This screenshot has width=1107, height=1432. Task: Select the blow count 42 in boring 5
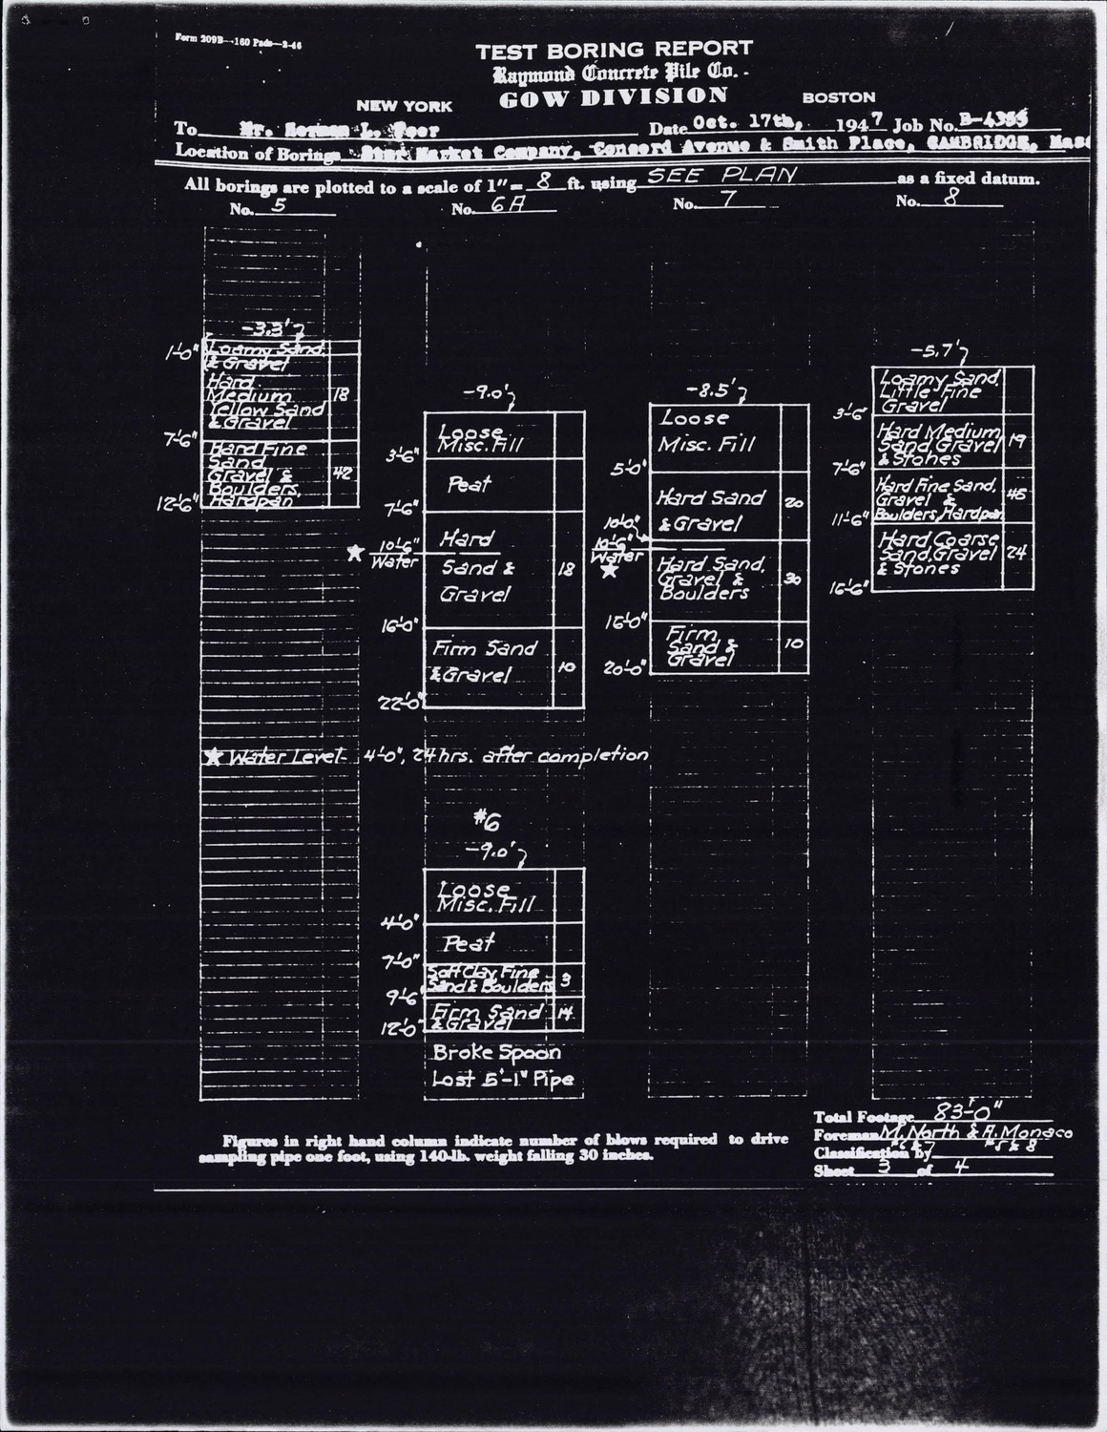point(343,470)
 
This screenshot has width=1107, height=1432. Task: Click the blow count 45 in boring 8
point(1016,495)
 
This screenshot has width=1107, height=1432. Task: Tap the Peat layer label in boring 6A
point(469,485)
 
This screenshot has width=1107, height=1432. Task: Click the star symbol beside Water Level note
point(213,756)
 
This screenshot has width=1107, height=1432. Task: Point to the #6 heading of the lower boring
point(485,819)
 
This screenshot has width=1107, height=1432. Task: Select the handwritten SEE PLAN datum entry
point(721,177)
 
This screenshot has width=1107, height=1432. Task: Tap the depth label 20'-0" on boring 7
point(625,668)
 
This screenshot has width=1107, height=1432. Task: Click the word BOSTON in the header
point(838,97)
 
